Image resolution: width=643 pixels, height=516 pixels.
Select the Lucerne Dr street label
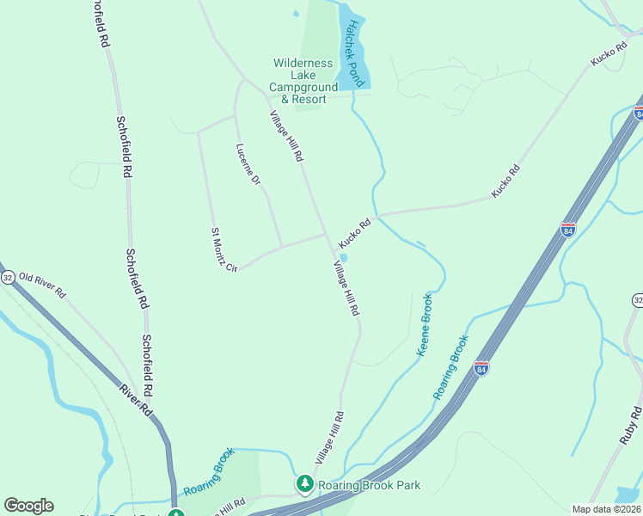pyautogui.click(x=248, y=164)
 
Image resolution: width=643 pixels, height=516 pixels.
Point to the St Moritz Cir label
pyautogui.click(x=224, y=250)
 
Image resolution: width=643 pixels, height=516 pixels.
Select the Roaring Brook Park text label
pyautogui.click(x=369, y=485)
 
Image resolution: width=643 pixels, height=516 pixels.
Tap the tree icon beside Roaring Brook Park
pyautogui.click(x=304, y=485)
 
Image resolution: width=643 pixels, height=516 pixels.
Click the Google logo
pyautogui.click(x=28, y=506)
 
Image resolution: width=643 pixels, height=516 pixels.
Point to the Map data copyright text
pyautogui.click(x=606, y=509)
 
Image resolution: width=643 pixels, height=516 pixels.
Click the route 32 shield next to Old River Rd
pyautogui.click(x=8, y=277)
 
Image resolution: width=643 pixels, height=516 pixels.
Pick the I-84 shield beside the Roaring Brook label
pyautogui.click(x=481, y=367)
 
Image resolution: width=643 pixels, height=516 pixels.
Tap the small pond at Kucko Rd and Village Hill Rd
pyautogui.click(x=343, y=257)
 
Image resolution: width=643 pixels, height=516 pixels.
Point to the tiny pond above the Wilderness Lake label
pyautogui.click(x=296, y=14)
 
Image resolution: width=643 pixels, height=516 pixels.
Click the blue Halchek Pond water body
pyautogui.click(x=354, y=73)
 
